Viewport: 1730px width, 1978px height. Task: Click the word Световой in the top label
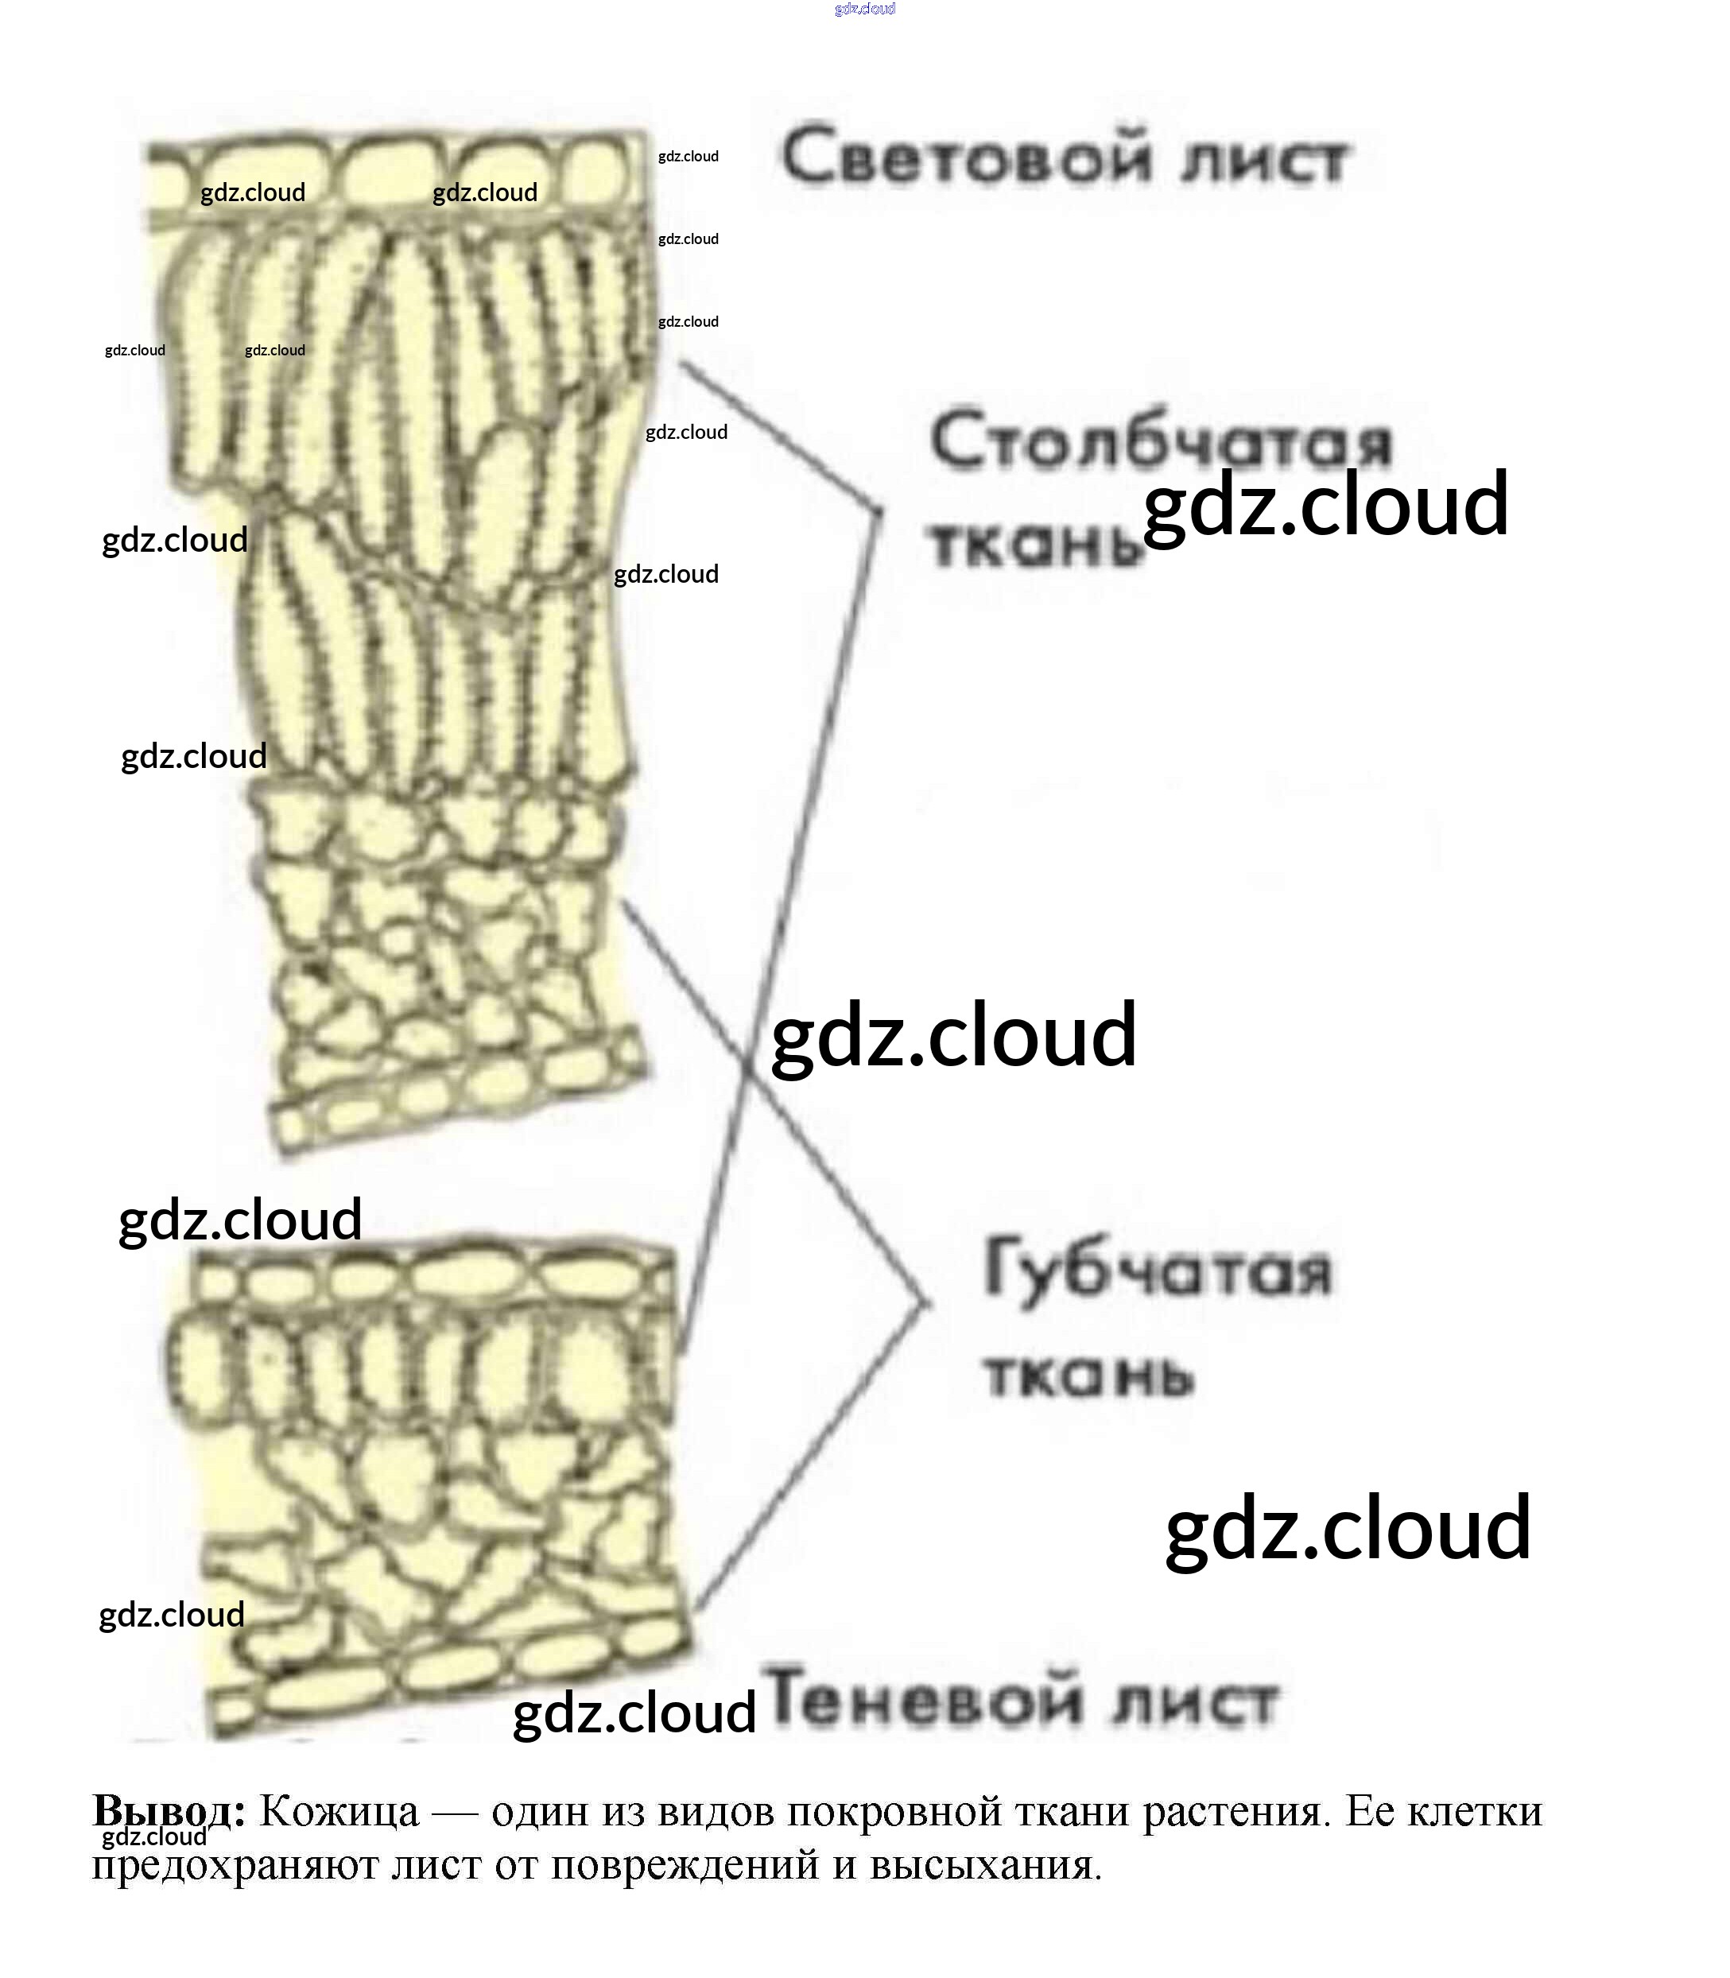coord(965,157)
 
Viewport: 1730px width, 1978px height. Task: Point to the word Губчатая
coord(1158,1270)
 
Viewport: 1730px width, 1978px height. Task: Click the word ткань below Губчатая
coord(1089,1375)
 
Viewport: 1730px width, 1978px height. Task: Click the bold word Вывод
coord(168,1811)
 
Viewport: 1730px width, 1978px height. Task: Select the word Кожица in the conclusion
coord(339,1811)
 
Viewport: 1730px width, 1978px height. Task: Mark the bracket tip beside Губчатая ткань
coord(929,1303)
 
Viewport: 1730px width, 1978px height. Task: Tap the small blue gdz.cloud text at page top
coord(865,9)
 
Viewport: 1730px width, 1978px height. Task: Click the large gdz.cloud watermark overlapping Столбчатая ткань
coord(1325,504)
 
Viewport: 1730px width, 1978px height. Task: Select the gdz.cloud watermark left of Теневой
coord(634,1712)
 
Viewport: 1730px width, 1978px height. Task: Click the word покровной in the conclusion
coord(893,1811)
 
